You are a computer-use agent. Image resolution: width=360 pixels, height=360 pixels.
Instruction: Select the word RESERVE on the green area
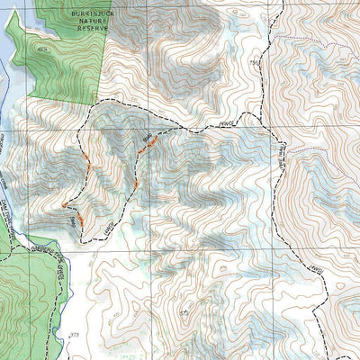93,30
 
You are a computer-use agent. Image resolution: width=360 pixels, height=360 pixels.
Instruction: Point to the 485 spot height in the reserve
41,47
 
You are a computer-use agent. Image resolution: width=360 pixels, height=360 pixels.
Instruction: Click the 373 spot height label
74,335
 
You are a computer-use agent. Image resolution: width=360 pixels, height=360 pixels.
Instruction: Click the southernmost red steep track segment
79,218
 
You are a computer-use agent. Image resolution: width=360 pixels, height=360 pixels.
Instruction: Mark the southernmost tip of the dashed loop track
85,241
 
